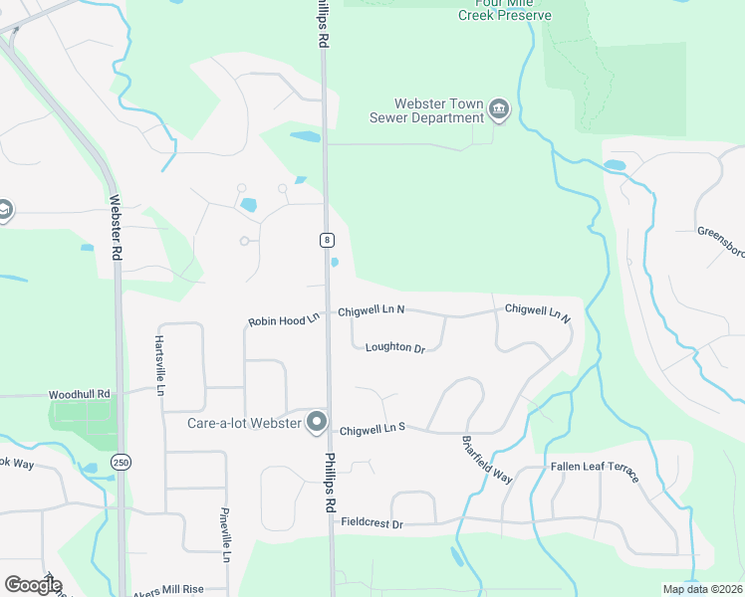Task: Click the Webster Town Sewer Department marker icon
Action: tap(499, 110)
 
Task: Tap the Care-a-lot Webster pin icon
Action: tap(318, 423)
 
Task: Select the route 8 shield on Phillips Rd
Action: tap(326, 240)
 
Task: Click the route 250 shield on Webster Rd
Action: tap(121, 463)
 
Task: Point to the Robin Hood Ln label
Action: tap(284, 319)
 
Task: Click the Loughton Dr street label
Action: tap(395, 347)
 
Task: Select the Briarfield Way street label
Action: tap(487, 460)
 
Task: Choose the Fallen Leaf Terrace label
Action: tap(595, 472)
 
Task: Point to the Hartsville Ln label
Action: tap(158, 364)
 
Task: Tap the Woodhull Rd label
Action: tap(84, 394)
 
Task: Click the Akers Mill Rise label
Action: tap(169, 590)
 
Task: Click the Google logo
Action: tap(33, 585)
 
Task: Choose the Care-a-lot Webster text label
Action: tap(245, 423)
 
